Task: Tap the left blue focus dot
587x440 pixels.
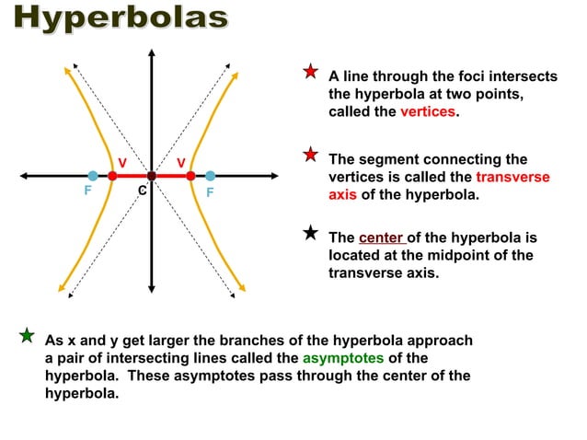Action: coord(93,175)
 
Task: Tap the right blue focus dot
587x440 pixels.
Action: coord(210,175)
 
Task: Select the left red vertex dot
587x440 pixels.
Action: coord(112,175)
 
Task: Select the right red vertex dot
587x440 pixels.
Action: coord(190,175)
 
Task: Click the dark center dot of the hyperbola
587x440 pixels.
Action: coord(151,175)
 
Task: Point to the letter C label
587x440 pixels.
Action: coord(141,191)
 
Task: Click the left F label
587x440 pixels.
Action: coord(87,192)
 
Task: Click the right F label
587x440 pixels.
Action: coord(210,192)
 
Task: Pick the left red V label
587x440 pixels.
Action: coord(121,163)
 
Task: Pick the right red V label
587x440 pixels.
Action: coord(182,163)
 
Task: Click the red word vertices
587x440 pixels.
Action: coord(428,111)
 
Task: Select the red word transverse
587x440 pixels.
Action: coord(512,177)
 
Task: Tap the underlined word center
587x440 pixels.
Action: coord(380,237)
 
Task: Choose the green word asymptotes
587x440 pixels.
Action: coord(344,357)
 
